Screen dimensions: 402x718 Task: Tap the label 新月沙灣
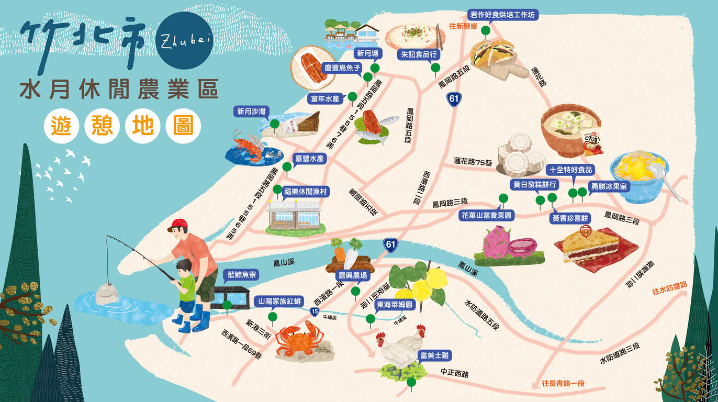tap(252, 111)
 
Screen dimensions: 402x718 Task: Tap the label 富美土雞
tap(434, 356)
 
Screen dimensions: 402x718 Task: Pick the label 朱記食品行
tap(419, 54)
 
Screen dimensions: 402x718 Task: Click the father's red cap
tap(178, 225)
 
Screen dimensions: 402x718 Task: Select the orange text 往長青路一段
tap(563, 383)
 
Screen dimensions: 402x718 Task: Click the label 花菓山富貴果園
tap(487, 215)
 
